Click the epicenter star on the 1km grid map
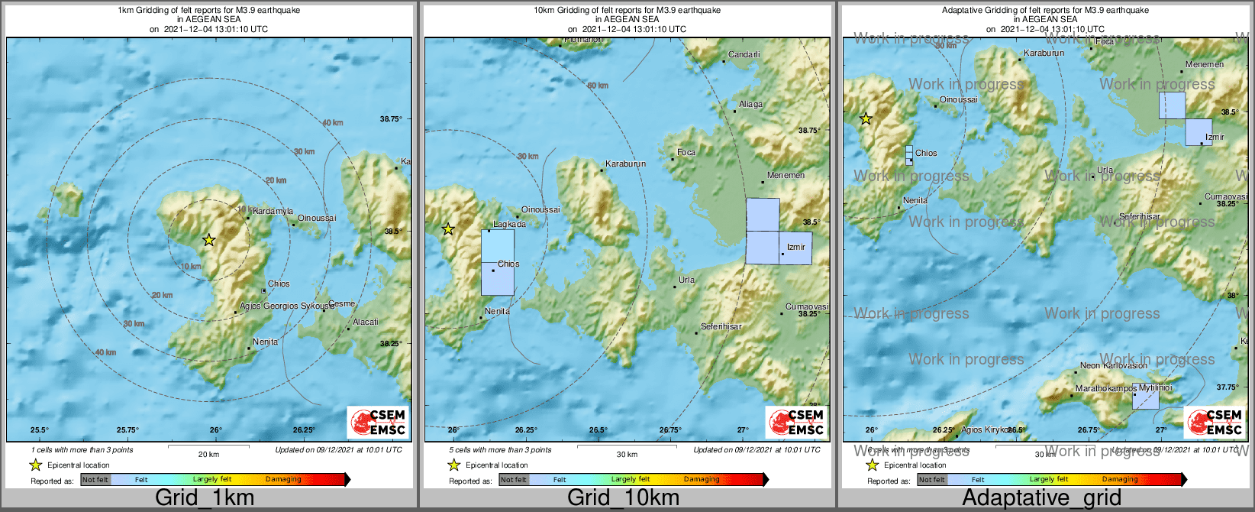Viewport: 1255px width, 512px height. click(208, 240)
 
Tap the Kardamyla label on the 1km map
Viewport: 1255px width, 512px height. click(273, 212)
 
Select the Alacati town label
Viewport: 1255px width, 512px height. click(366, 322)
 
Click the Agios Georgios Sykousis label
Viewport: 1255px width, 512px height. click(286, 306)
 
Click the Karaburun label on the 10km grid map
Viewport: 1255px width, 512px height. click(625, 164)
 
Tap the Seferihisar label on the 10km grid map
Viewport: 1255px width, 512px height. click(721, 326)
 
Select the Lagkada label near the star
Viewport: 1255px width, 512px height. click(509, 225)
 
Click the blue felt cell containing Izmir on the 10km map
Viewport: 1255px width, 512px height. click(796, 249)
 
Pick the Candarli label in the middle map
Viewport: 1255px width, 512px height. click(744, 55)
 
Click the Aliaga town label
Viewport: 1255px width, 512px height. click(750, 104)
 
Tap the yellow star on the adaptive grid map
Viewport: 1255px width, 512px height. click(866, 118)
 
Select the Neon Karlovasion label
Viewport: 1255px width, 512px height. click(1113, 365)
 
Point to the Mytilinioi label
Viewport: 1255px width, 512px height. click(1155, 387)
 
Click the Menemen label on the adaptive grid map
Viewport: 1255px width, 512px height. click(1204, 64)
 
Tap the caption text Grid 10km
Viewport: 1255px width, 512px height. click(623, 498)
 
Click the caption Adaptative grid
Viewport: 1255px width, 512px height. click(1041, 498)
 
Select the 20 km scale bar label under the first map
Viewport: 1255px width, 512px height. click(208, 454)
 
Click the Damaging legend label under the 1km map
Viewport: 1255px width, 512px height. click(283, 479)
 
